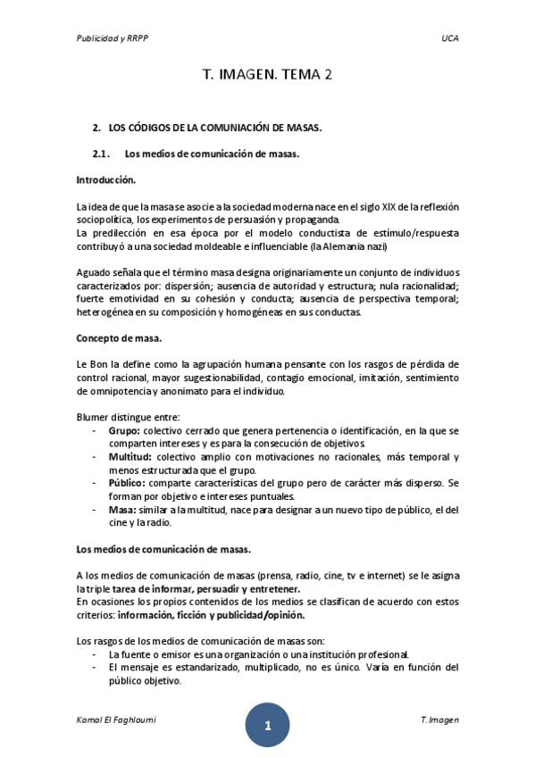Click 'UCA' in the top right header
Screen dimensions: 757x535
(x=449, y=39)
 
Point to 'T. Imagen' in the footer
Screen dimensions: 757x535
(x=439, y=720)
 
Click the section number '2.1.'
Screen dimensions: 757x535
(x=104, y=154)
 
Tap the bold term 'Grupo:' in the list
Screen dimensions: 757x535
(x=123, y=430)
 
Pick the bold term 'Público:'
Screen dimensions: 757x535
(x=126, y=483)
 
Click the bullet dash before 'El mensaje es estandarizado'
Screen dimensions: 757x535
(x=96, y=667)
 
